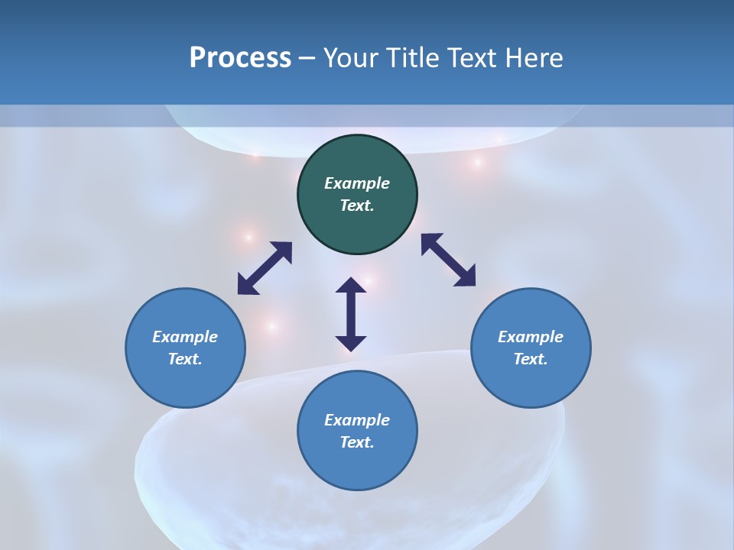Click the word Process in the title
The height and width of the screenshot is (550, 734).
click(240, 58)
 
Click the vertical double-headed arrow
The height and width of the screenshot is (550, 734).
click(351, 314)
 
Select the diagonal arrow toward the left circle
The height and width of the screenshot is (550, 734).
click(265, 268)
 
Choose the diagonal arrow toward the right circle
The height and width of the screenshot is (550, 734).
click(448, 260)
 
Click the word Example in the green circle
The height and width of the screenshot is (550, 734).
click(357, 183)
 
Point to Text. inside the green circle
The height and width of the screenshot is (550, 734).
click(357, 205)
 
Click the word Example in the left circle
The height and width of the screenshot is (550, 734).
click(185, 337)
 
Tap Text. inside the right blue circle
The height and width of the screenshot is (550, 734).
click(531, 359)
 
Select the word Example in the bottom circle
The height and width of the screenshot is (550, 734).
click(357, 420)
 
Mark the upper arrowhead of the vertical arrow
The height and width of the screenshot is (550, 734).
click(351, 286)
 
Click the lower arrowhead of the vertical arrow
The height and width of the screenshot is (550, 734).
click(351, 343)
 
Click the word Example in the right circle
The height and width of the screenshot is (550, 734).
click(531, 337)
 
